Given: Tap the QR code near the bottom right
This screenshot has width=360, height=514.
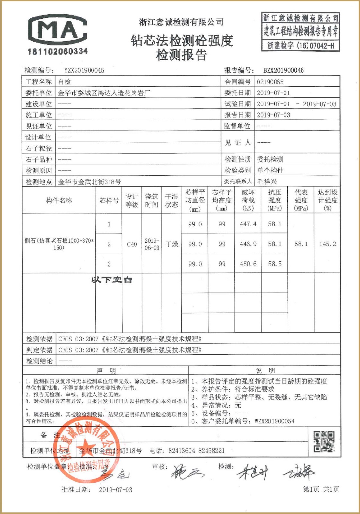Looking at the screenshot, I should pos(324,442).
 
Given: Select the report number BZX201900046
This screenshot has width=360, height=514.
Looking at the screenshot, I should pos(283,70).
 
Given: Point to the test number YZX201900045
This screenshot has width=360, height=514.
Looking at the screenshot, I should pos(84,70).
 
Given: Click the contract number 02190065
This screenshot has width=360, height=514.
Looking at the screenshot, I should pos(270,82).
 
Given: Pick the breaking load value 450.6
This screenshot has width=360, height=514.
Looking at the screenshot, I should pos(248,264).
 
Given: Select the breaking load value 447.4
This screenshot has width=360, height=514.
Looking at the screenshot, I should pos(248,224).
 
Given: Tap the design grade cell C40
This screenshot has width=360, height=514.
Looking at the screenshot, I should pos(132,244).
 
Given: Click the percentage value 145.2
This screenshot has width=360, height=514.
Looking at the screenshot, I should pos(328,244).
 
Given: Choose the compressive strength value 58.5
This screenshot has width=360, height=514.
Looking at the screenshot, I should pos(275,264).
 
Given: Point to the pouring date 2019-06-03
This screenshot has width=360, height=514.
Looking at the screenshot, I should pos(152,244).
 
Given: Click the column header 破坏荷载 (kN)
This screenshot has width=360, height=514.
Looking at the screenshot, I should pos(248,200).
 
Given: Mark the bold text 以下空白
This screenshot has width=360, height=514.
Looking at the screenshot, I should pos(111,280).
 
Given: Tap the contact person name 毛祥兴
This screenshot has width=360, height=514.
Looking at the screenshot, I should pos(267,182).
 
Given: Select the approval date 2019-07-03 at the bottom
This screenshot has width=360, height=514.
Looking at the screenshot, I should pos(115,490).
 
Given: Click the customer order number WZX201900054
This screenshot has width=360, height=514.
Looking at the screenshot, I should pos(275,421).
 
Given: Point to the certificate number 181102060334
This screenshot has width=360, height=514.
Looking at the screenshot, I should pos(58,51).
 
